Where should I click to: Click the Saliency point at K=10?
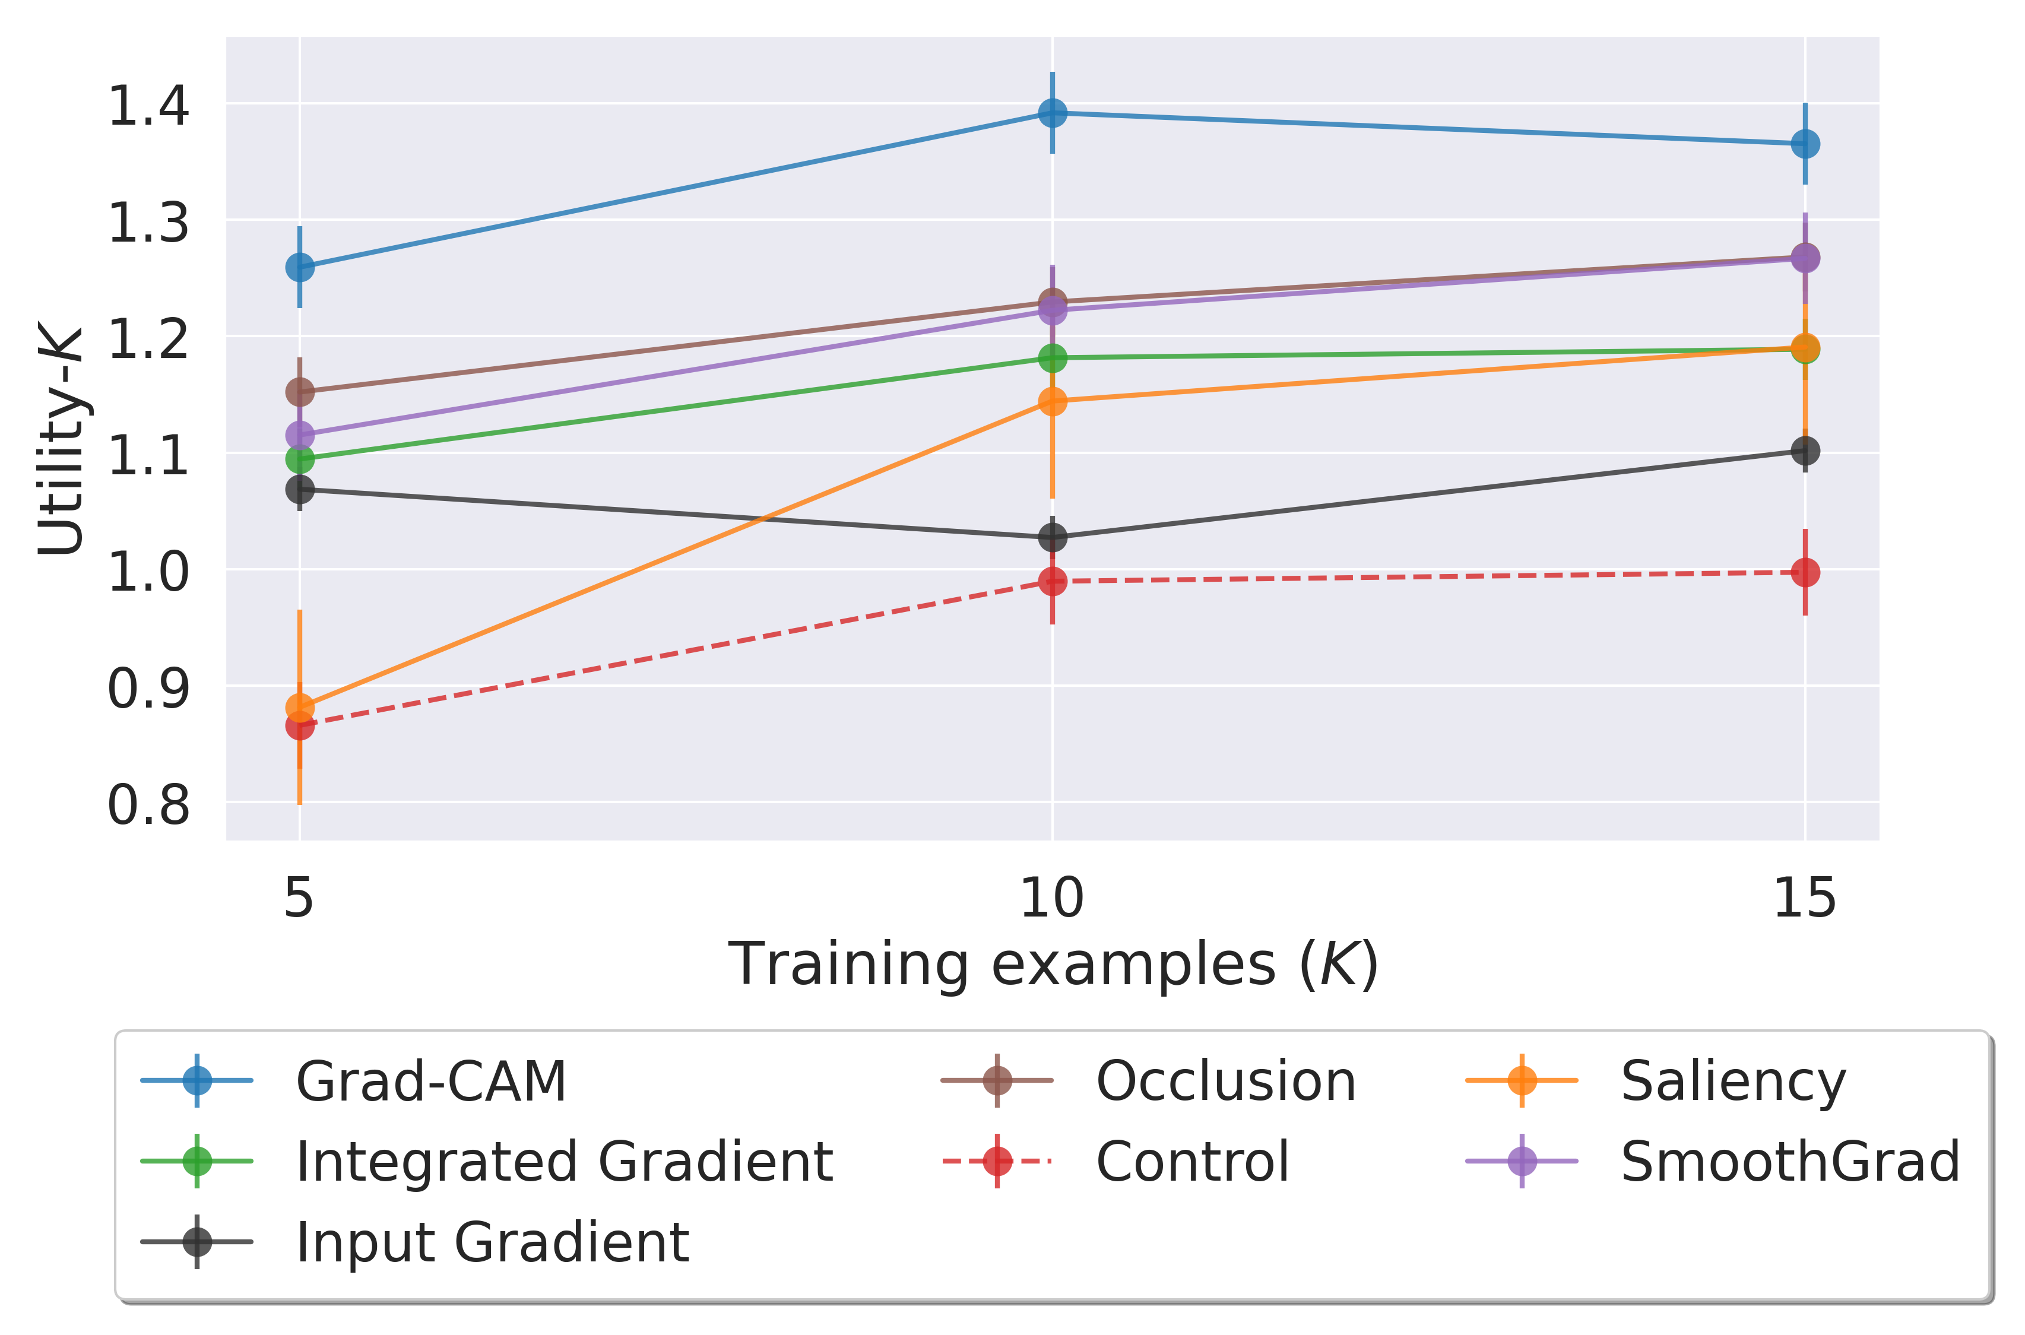point(1053,401)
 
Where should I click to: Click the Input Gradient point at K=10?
point(1053,537)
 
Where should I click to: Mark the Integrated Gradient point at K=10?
point(1053,357)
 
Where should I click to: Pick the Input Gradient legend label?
point(492,1242)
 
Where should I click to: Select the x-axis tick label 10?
point(1053,898)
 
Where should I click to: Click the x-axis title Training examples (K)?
point(1053,965)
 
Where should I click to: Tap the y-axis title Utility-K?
point(61,440)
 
